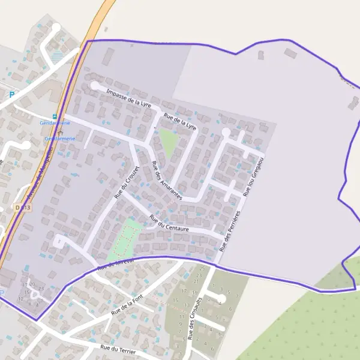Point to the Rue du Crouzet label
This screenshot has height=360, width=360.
point(127,182)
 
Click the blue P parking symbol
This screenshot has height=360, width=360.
point(11,94)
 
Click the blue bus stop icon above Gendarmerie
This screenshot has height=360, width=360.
point(55,116)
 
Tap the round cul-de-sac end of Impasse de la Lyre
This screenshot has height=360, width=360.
point(95,86)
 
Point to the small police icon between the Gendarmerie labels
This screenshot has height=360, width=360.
point(59,131)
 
